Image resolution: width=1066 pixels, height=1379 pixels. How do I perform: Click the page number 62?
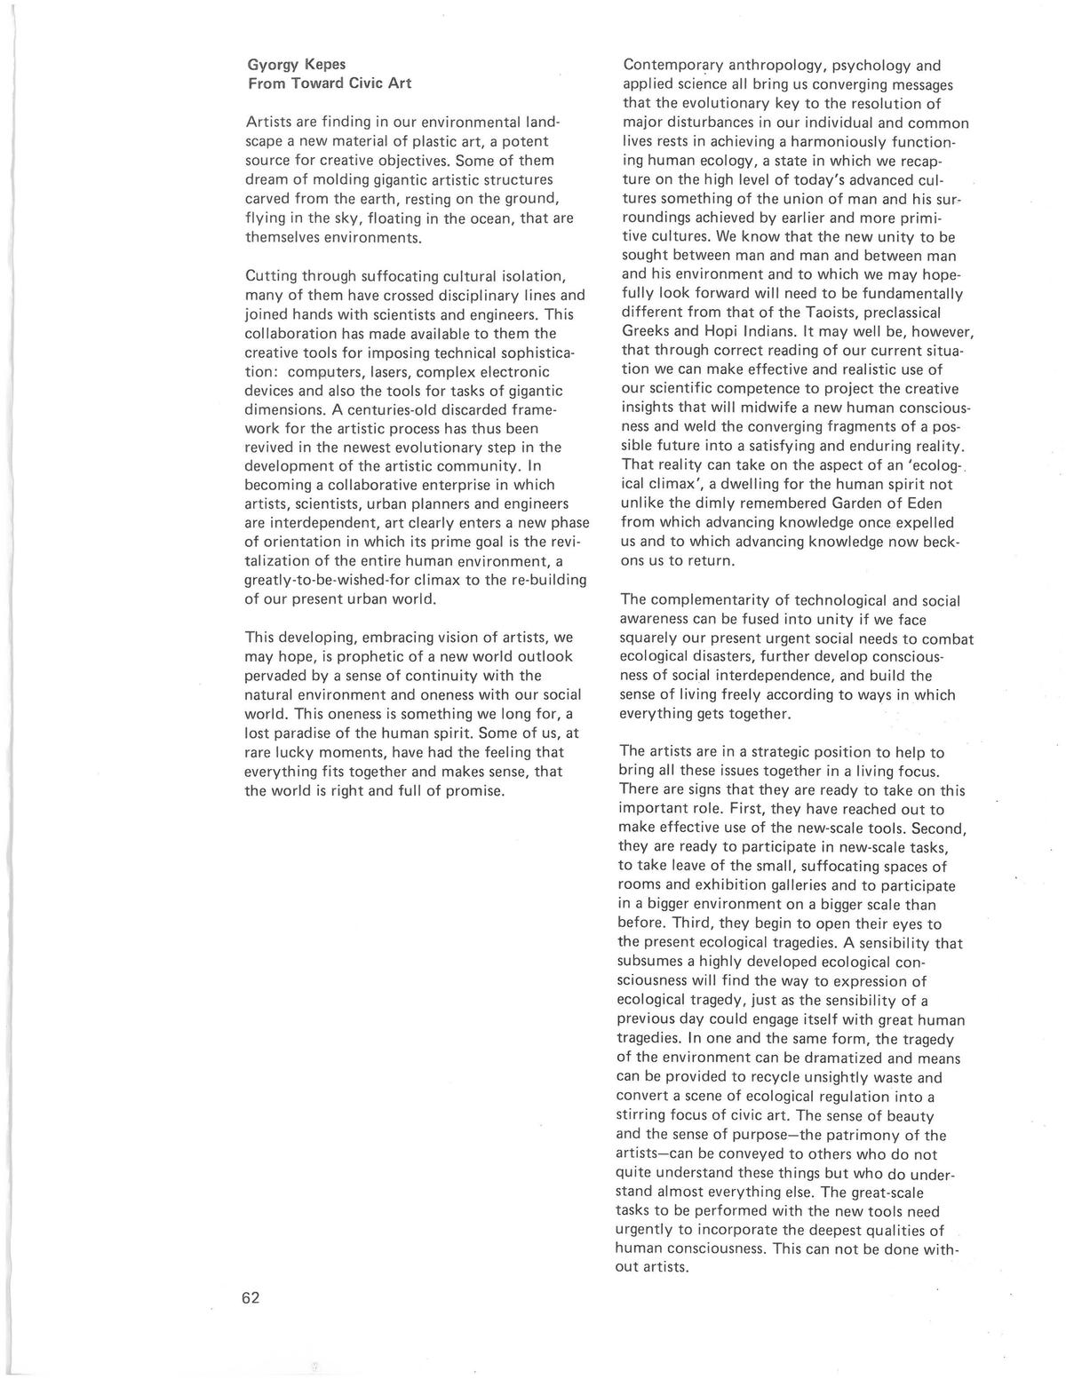[250, 1298]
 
